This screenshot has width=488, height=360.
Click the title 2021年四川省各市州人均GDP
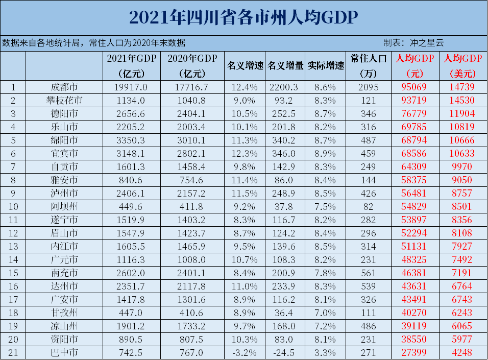(243, 17)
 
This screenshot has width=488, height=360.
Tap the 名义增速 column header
(245, 66)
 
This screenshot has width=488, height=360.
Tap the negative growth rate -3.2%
(245, 352)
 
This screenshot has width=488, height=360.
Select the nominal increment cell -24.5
(285, 352)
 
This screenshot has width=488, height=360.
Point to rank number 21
(13, 352)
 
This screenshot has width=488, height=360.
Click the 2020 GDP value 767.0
(192, 352)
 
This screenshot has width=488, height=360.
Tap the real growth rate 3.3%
(326, 352)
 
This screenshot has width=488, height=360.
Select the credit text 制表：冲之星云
(413, 43)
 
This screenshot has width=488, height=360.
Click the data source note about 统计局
(94, 43)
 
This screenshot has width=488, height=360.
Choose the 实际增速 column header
(326, 66)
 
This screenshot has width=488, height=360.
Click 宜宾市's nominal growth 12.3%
(245, 153)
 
